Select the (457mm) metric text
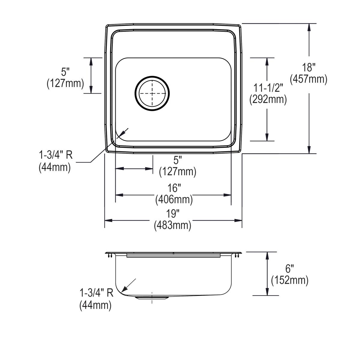(308, 79)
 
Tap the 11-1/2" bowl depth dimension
(268, 88)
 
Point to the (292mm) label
(268, 99)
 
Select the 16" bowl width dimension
(174, 188)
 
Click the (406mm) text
(174, 199)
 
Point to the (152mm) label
(289, 280)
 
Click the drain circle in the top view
(152, 93)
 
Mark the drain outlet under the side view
(152, 297)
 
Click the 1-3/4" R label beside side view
(96, 293)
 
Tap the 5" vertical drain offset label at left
(65, 72)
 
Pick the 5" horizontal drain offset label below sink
(177, 160)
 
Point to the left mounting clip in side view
(110, 255)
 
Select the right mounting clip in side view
(238, 255)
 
